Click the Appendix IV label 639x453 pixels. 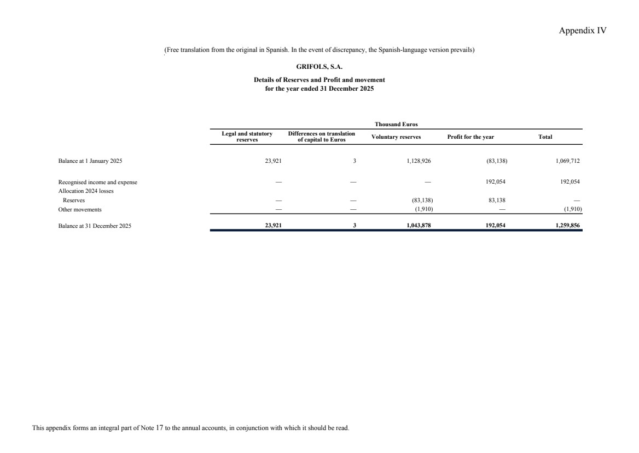coord(582,31)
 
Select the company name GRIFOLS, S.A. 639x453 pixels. coord(319,67)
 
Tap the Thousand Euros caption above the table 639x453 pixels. coord(396,125)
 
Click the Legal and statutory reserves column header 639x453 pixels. coord(247,137)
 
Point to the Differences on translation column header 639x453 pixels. coord(321,137)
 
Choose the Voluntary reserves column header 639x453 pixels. coord(396,137)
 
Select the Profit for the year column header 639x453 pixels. coord(470,137)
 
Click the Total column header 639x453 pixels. coord(545,137)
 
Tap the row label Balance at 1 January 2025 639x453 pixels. coord(90,161)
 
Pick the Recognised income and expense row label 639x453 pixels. coord(98,182)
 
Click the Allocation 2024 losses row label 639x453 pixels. coord(86,191)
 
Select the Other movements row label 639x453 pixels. coord(80,209)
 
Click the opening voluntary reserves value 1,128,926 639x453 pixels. coord(419,161)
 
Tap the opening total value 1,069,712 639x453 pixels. coord(568,161)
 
